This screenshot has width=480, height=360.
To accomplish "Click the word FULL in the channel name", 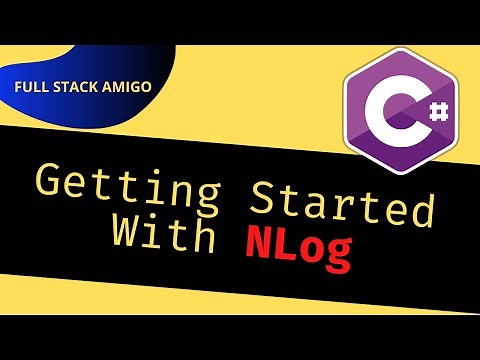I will [x=31, y=86].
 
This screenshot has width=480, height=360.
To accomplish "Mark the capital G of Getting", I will [x=51, y=186].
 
